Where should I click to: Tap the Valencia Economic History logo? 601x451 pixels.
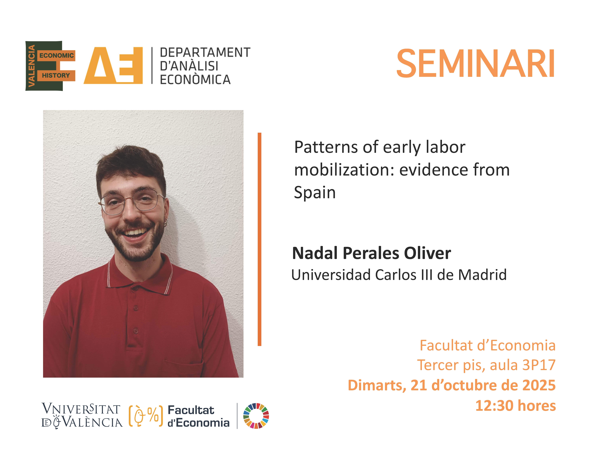pyautogui.click(x=50, y=66)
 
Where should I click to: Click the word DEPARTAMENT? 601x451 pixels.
pyautogui.click(x=205, y=53)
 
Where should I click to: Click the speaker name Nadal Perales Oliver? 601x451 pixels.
pyautogui.click(x=371, y=253)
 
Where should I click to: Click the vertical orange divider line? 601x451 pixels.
pyautogui.click(x=259, y=239)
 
